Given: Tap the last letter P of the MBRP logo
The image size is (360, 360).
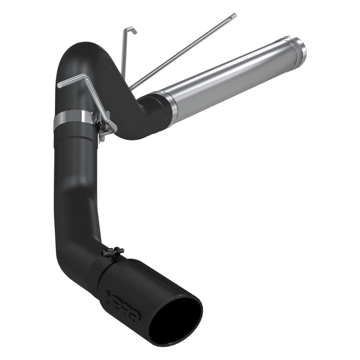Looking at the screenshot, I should pos(135,315).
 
